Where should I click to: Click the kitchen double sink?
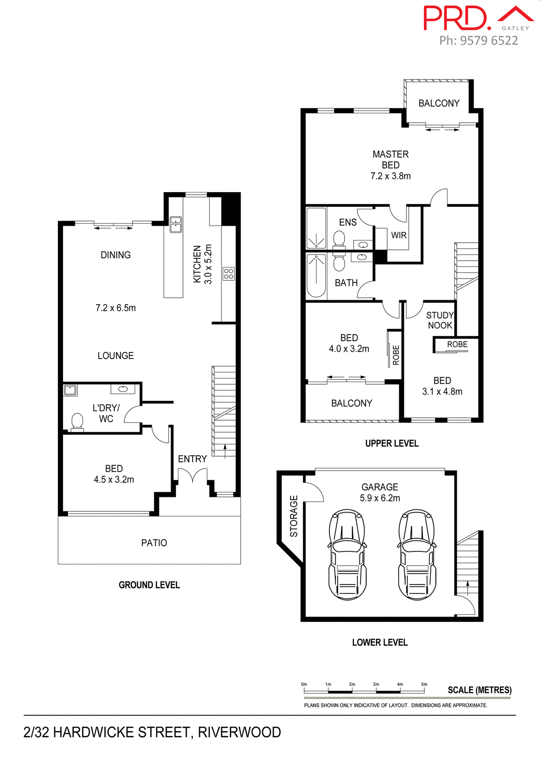[176, 224]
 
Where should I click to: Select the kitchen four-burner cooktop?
[229, 274]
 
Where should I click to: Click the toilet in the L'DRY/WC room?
[77, 422]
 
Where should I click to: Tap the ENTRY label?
[192, 459]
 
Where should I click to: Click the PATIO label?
[154, 543]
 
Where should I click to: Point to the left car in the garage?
[347, 555]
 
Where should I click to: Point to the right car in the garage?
[417, 555]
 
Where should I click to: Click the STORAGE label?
[294, 516]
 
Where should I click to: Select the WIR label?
[399, 235]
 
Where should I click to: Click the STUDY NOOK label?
[440, 320]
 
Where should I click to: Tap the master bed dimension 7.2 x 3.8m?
[390, 176]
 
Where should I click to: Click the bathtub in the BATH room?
[316, 276]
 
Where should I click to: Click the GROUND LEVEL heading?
[149, 585]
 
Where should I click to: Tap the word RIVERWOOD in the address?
[239, 732]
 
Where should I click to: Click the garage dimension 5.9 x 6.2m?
[380, 498]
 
